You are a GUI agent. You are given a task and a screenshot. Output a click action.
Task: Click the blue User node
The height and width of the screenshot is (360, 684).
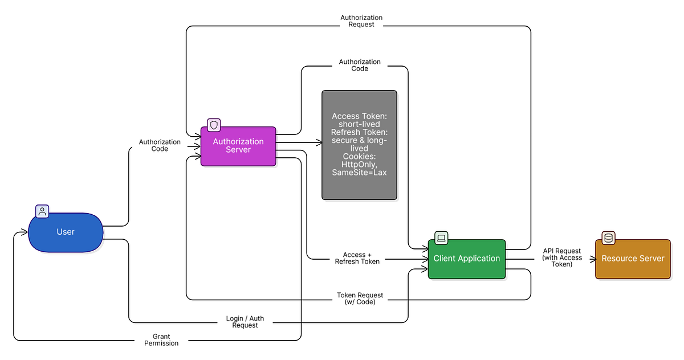click(x=66, y=232)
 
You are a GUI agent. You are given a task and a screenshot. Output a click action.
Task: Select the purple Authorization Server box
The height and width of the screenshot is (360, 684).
click(x=238, y=146)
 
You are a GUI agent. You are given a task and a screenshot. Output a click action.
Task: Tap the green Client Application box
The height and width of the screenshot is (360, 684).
click(x=466, y=259)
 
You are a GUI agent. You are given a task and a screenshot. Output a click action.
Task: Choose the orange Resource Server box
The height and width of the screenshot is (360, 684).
click(x=633, y=259)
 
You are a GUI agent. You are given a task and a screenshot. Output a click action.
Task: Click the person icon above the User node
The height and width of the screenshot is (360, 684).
click(x=42, y=211)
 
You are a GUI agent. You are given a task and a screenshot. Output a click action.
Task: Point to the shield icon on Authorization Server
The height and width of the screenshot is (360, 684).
click(x=214, y=125)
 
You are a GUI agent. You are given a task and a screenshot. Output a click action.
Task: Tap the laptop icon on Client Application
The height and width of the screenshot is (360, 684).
click(x=441, y=238)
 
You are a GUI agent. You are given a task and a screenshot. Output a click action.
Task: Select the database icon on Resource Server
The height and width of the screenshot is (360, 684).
click(x=609, y=238)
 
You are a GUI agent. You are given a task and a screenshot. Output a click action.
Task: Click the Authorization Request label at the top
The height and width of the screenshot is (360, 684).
click(x=361, y=21)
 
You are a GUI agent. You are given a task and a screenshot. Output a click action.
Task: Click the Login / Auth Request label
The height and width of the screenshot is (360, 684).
click(x=245, y=321)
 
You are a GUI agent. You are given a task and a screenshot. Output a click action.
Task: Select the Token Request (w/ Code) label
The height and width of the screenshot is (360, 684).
click(x=360, y=298)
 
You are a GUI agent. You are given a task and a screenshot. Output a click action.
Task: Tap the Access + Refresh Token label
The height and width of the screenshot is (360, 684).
click(x=357, y=259)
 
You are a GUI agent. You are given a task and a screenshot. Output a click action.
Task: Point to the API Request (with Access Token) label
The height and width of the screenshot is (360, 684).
click(x=562, y=257)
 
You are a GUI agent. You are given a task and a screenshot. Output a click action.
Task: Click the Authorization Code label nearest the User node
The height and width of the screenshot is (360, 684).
click(x=160, y=145)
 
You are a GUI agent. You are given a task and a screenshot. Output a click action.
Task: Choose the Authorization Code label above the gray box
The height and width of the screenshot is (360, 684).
click(x=360, y=65)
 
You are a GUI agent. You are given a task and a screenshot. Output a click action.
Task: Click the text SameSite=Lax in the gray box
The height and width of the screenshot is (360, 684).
click(x=359, y=172)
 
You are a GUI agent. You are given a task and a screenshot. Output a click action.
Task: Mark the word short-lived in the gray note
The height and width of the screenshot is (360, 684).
click(x=359, y=124)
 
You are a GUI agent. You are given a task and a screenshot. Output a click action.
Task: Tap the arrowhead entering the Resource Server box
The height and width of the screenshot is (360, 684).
click(x=592, y=259)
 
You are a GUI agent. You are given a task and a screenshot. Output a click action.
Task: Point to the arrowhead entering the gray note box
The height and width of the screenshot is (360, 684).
click(x=319, y=142)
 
